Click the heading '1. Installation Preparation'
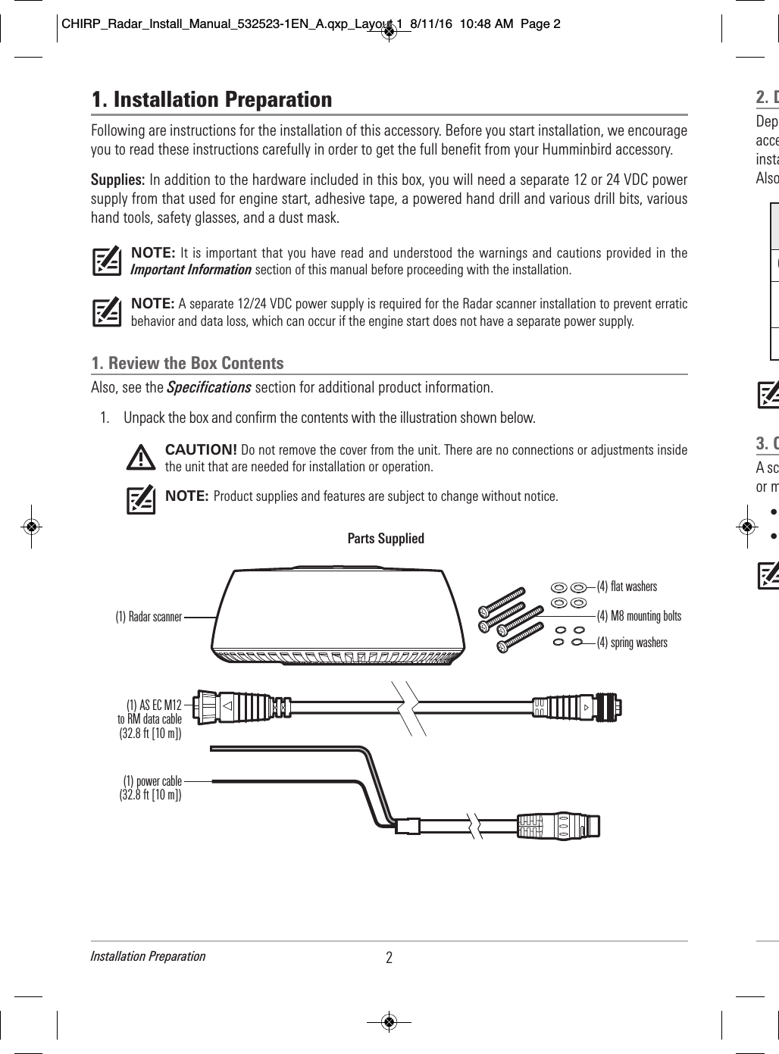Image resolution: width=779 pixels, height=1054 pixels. tap(211, 99)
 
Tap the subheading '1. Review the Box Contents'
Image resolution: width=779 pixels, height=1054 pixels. tap(187, 363)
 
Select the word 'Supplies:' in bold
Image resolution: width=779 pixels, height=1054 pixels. tap(117, 180)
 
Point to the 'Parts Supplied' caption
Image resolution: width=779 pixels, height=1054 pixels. tap(385, 539)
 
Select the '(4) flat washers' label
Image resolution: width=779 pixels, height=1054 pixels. tap(627, 586)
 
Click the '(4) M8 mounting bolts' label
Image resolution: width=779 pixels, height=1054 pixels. tap(639, 616)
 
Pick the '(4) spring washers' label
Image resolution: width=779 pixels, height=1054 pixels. tap(632, 643)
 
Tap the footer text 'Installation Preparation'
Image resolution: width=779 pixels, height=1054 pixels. tap(148, 956)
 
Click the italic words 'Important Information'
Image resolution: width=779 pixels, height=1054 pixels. tap(192, 270)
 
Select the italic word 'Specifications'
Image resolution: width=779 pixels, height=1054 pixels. tap(208, 388)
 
